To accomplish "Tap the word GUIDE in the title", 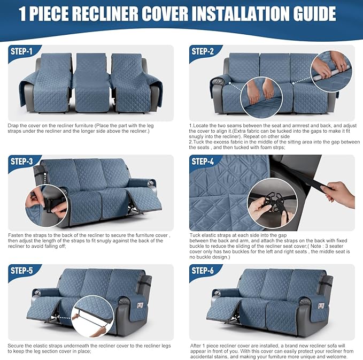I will [x=313, y=14].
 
